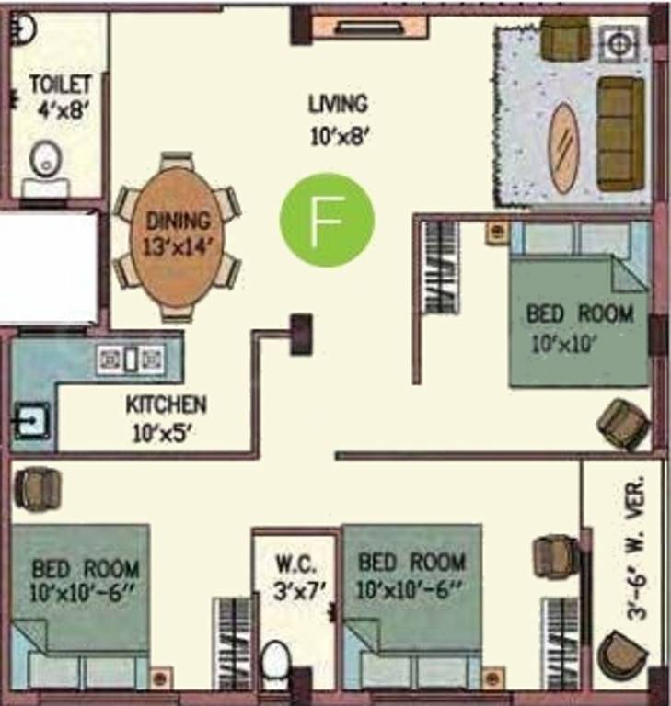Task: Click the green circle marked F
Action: click(327, 220)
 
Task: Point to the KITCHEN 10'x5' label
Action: click(166, 416)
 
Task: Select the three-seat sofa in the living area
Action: click(620, 133)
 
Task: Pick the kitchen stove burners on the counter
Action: click(130, 359)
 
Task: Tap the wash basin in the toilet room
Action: click(43, 161)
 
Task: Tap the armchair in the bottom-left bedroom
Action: click(38, 487)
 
